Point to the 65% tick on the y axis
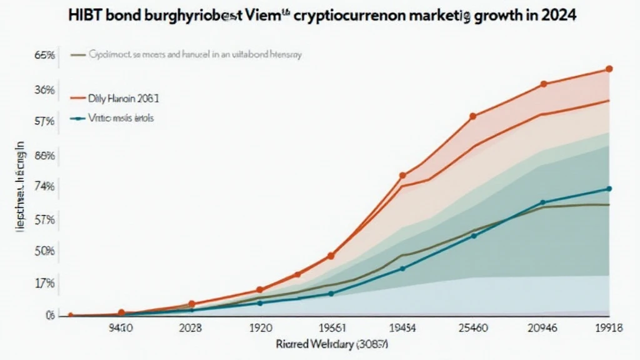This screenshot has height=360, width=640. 46,56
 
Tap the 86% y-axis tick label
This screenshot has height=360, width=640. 46,156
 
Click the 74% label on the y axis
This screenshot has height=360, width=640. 46,186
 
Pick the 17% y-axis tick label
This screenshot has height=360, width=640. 46,282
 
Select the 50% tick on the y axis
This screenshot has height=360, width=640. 46,251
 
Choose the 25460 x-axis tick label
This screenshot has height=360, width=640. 472,327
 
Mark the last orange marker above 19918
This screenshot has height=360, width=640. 609,69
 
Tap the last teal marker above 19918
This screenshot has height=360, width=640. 609,189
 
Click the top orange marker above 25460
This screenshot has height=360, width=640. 473,116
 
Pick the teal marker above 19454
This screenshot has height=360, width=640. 402,269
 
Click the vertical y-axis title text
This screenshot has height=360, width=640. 19,187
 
